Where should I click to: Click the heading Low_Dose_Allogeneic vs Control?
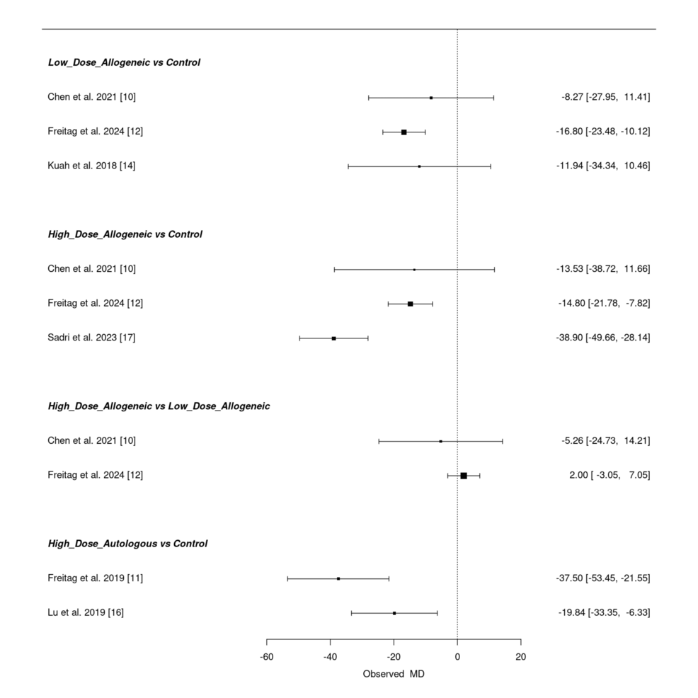point(124,62)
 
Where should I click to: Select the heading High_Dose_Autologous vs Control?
point(127,544)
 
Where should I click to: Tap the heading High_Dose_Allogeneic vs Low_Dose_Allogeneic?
point(159,406)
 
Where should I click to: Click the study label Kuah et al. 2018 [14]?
point(92,166)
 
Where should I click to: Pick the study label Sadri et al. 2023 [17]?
point(91,338)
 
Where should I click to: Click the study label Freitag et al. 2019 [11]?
point(96,578)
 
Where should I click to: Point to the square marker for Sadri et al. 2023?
point(333,338)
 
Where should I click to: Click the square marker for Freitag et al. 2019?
point(338,578)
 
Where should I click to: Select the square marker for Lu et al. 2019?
point(394,613)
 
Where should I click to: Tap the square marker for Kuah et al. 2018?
point(419,166)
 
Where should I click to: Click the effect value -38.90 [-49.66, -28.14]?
point(603,338)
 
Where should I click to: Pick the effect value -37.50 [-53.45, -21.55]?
point(603,578)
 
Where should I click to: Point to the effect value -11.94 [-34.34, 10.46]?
point(603,166)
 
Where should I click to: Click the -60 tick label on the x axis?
point(267,657)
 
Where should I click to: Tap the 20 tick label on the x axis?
point(520,657)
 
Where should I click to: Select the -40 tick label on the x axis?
point(330,657)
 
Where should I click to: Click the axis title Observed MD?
point(394,674)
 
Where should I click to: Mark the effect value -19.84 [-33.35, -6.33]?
point(604,612)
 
